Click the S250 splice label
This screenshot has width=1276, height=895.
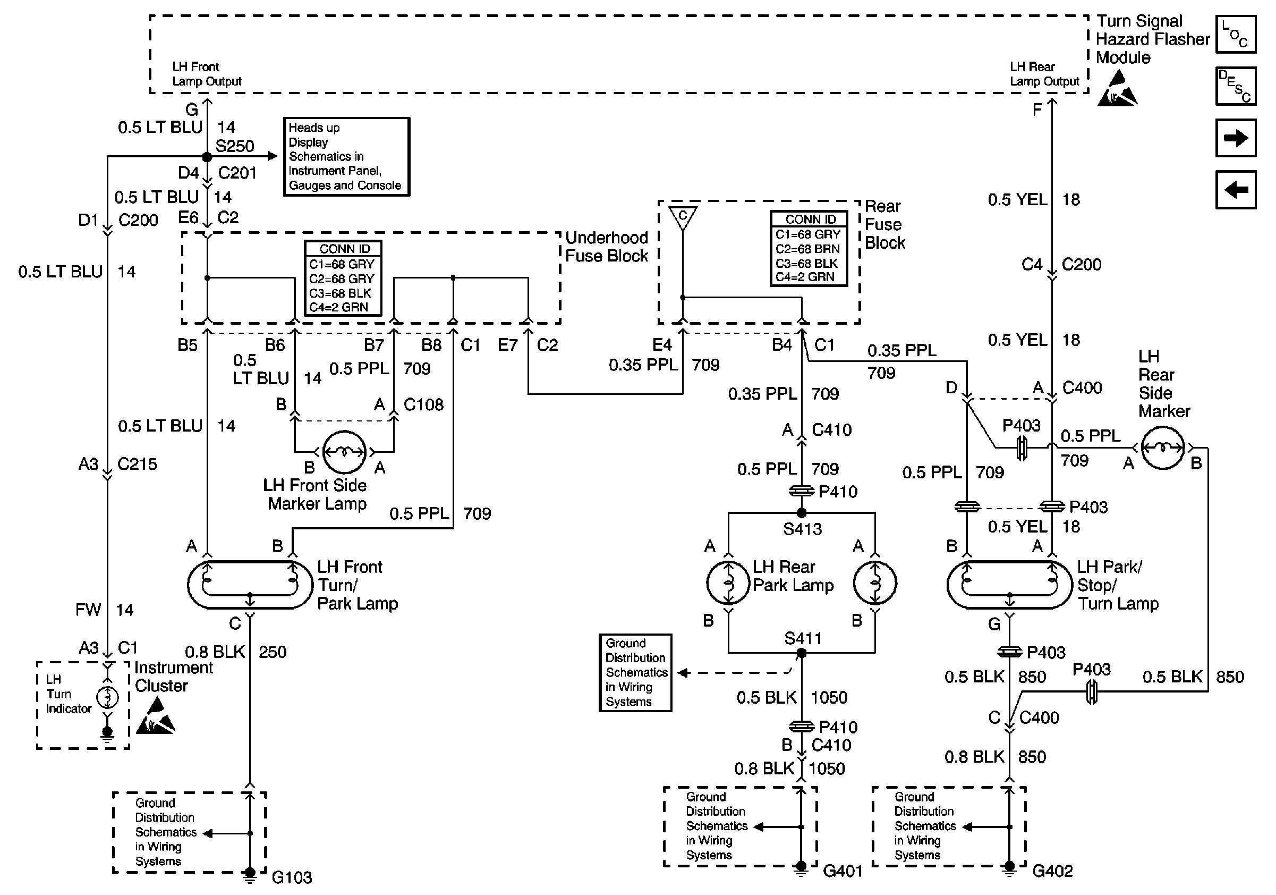(x=234, y=146)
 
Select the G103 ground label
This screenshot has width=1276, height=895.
(x=291, y=877)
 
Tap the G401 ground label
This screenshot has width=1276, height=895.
(x=843, y=871)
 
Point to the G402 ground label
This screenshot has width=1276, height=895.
(x=1052, y=871)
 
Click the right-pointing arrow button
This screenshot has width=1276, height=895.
(x=1236, y=138)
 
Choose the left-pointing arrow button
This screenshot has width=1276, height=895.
(x=1236, y=190)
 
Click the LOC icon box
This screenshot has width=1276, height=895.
(x=1236, y=35)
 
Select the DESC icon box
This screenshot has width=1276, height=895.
(x=1236, y=86)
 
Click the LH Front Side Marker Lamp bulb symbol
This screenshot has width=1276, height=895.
(x=345, y=451)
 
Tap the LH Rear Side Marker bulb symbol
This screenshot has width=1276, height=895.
(x=1163, y=448)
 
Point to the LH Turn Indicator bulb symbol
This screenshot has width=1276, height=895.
(x=108, y=697)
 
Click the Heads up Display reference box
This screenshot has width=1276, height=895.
(x=346, y=157)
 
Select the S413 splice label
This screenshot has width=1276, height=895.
(x=802, y=529)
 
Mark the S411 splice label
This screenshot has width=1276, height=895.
(x=803, y=638)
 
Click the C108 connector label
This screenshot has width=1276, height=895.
(x=423, y=404)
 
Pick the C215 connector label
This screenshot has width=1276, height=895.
(x=137, y=464)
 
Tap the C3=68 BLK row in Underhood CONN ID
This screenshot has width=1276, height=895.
(x=340, y=293)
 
